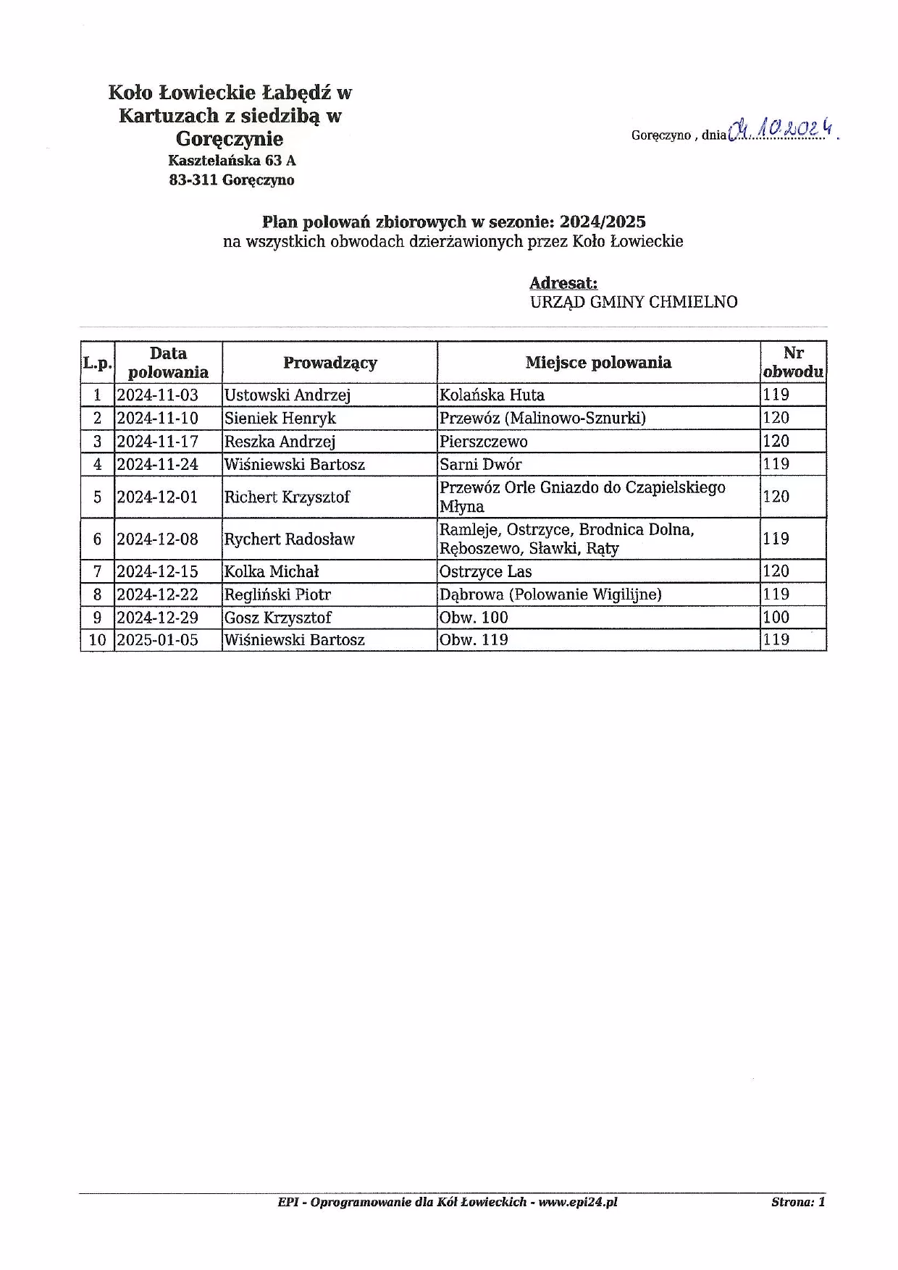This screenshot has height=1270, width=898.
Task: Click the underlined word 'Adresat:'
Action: click(x=563, y=283)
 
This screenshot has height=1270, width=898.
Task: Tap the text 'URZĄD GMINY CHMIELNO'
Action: click(x=634, y=302)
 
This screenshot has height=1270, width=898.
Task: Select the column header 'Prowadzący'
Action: click(x=330, y=363)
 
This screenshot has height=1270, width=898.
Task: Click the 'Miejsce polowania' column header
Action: click(x=598, y=363)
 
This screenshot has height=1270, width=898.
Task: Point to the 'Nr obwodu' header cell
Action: click(x=793, y=363)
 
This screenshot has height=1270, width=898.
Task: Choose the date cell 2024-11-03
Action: click(x=158, y=395)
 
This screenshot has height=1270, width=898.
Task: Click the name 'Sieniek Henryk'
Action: click(x=280, y=419)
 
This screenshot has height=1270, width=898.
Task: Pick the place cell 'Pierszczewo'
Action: click(x=484, y=442)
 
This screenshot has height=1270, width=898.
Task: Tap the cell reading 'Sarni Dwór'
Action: click(x=480, y=464)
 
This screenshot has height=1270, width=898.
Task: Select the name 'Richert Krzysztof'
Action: click(x=288, y=497)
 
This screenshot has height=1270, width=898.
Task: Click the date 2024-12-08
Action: click(x=158, y=539)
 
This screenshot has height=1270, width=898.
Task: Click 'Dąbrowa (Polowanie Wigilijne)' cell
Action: click(x=550, y=594)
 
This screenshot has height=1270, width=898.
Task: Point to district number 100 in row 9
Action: click(x=776, y=618)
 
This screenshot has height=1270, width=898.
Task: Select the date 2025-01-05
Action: click(x=158, y=640)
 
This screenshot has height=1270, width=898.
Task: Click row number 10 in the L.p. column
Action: click(x=97, y=640)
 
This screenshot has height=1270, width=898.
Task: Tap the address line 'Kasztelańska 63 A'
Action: click(x=232, y=161)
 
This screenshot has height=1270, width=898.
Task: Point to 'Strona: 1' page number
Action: click(x=798, y=1203)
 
